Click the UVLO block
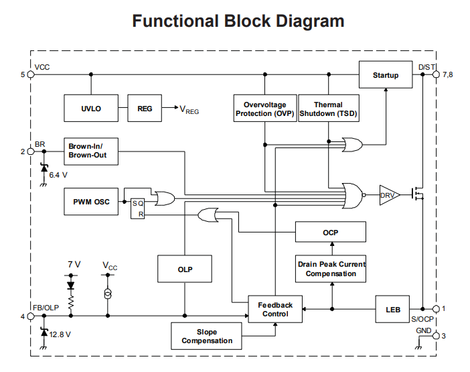(x=92, y=109)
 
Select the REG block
(x=145, y=109)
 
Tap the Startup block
(x=386, y=75)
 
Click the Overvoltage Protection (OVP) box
(x=265, y=109)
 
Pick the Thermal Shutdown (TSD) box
(x=328, y=109)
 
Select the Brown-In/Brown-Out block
(x=92, y=151)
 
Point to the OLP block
(x=185, y=269)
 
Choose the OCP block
(x=331, y=232)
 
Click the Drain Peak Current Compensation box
(x=331, y=268)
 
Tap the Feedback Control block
(x=275, y=309)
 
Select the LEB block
(x=392, y=309)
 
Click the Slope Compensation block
(x=207, y=336)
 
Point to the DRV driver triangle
(x=388, y=195)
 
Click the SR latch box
(x=137, y=208)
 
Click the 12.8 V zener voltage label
(x=60, y=333)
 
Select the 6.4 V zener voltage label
(x=59, y=174)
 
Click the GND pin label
(x=424, y=330)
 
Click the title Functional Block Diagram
(x=238, y=21)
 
